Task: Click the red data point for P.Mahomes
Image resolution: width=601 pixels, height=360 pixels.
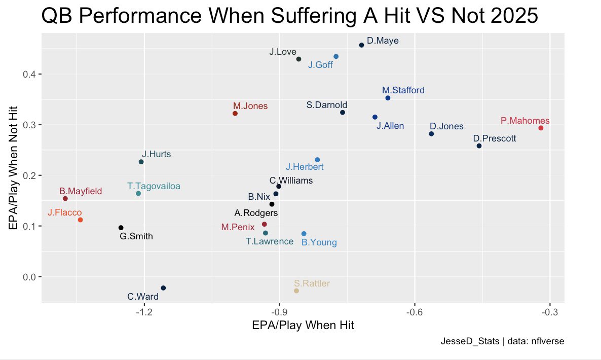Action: pyautogui.click(x=541, y=128)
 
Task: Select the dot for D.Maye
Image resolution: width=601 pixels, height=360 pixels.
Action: pyautogui.click(x=361, y=45)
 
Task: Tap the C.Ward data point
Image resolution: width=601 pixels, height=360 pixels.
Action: pyautogui.click(x=163, y=288)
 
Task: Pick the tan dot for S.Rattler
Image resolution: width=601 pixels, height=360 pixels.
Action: pyautogui.click(x=296, y=291)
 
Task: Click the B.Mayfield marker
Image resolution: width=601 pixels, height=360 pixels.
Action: pyautogui.click(x=65, y=198)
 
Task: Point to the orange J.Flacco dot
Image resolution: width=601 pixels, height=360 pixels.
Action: pyautogui.click(x=80, y=220)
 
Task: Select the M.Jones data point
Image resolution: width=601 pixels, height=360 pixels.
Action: pyautogui.click(x=235, y=114)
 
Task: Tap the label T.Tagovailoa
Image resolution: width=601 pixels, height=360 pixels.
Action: pyautogui.click(x=154, y=186)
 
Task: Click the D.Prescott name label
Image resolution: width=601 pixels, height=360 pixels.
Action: pyautogui.click(x=495, y=138)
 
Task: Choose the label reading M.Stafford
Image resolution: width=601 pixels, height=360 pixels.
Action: pyautogui.click(x=403, y=90)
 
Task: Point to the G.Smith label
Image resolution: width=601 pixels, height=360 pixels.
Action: pyautogui.click(x=136, y=236)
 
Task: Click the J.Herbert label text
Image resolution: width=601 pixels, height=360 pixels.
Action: pyautogui.click(x=305, y=166)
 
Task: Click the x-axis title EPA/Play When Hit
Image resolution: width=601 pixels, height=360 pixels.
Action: pyautogui.click(x=303, y=326)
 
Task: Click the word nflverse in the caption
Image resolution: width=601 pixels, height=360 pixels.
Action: pyautogui.click(x=547, y=342)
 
